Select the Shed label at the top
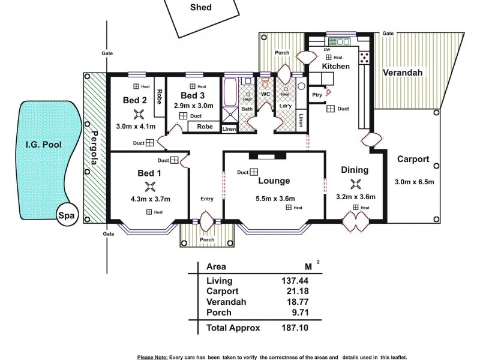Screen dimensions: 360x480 point(200,8)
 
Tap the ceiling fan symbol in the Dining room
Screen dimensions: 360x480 point(358,184)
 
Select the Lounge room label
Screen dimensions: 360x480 point(274,181)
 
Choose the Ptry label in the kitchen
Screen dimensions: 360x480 point(317,95)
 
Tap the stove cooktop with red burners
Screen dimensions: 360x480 point(364,57)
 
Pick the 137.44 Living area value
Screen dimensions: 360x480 point(296,280)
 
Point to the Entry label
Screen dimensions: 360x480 point(207,199)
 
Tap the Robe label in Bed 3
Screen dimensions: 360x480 point(205,127)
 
